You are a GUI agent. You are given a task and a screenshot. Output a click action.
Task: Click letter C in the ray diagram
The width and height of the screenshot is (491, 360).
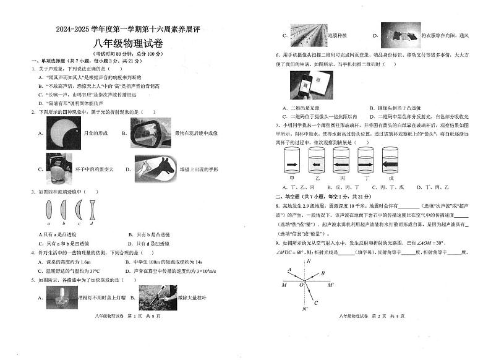(x=316, y=303)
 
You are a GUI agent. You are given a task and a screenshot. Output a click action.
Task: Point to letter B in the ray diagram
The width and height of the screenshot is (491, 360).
(x=322, y=273)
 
